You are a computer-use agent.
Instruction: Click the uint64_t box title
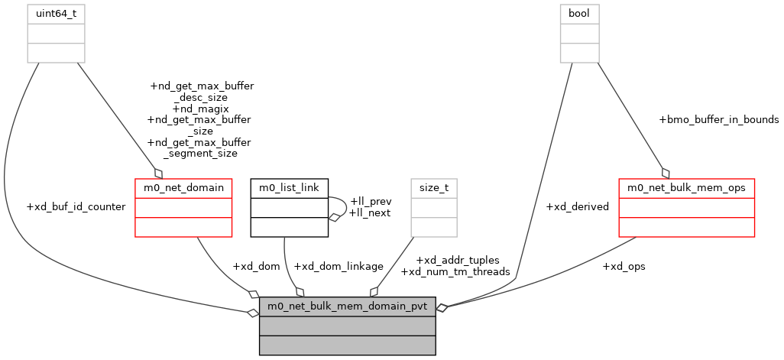(x=56, y=13)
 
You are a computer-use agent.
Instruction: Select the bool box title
(x=580, y=13)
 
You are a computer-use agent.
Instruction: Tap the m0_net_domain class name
(x=183, y=187)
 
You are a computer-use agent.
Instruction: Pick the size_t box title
(x=434, y=187)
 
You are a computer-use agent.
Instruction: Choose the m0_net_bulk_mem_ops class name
(x=686, y=187)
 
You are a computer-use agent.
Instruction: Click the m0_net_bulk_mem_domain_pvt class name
(x=348, y=306)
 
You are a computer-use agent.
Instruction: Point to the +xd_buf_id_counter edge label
(x=76, y=207)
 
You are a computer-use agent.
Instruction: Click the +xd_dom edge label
(x=256, y=266)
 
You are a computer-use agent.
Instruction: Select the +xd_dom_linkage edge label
(x=339, y=266)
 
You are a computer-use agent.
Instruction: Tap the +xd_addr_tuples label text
(x=457, y=261)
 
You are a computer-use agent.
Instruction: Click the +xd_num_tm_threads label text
(x=455, y=271)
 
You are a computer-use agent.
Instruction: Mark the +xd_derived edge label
(x=578, y=207)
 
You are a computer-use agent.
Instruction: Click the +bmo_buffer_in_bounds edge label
(x=718, y=119)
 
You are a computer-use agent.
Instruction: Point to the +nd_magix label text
(x=200, y=109)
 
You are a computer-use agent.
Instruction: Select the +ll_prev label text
(x=370, y=202)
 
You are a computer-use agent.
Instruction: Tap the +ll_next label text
(x=369, y=212)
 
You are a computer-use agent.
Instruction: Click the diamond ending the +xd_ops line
(x=442, y=306)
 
